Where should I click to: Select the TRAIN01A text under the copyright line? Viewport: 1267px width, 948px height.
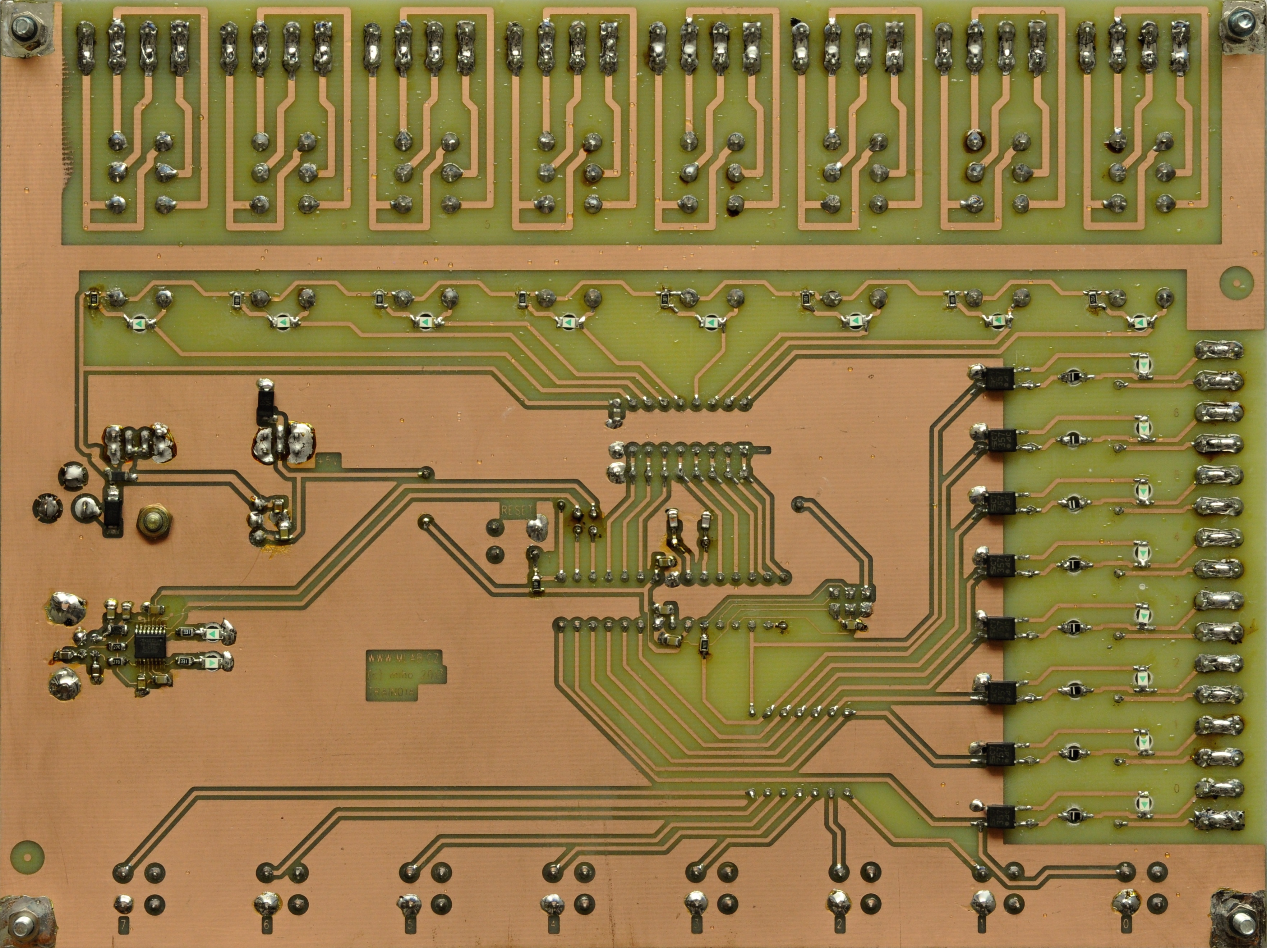392,692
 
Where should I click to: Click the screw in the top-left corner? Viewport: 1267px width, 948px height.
23,26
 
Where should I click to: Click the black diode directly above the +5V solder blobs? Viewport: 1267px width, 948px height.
265,405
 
